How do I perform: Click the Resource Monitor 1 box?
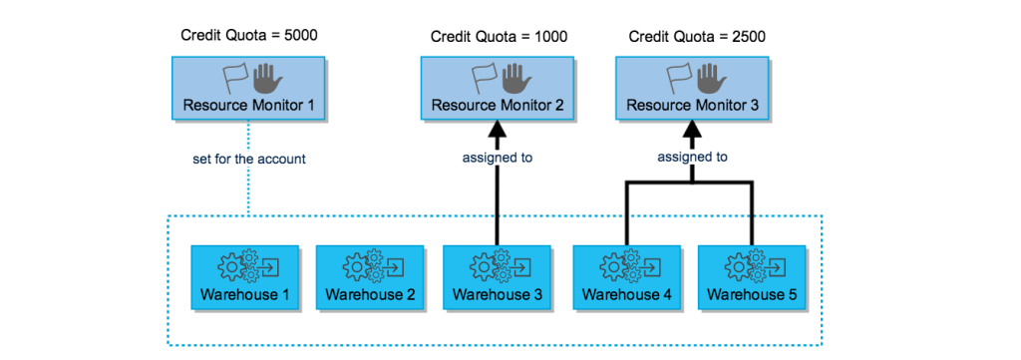tap(247, 90)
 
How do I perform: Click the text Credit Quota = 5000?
tap(248, 36)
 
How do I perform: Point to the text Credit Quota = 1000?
tap(499, 37)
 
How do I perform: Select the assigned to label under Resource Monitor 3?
tap(692, 157)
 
